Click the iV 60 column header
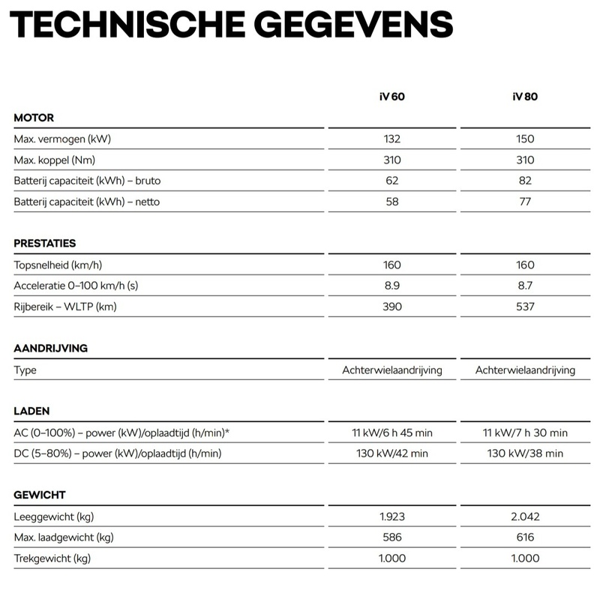[x=392, y=97]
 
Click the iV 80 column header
[x=525, y=97]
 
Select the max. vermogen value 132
[x=392, y=139]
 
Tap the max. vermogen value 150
[x=525, y=139]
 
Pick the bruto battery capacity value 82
[x=525, y=181]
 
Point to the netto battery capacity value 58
[x=392, y=202]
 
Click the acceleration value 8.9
[x=392, y=286]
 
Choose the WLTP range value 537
[x=525, y=307]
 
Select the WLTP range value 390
[x=392, y=307]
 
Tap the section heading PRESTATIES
[x=45, y=244]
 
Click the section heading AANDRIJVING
[x=51, y=349]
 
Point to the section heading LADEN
[x=32, y=412]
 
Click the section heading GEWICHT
[x=40, y=495]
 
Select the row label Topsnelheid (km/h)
[x=59, y=265]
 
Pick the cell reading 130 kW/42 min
[x=392, y=454]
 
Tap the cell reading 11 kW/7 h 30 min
[x=525, y=433]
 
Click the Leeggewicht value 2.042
[x=525, y=517]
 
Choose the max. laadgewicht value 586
[x=392, y=538]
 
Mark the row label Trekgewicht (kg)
[x=52, y=559]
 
